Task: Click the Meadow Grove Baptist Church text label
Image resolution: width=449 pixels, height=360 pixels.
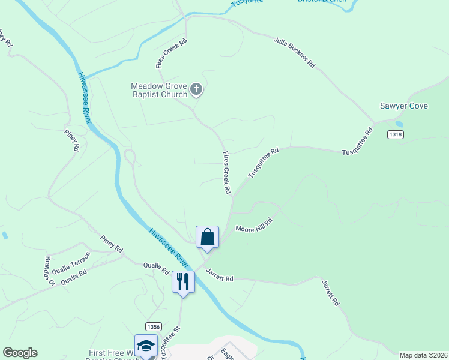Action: point(159,91)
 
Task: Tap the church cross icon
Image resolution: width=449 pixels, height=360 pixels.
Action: point(196,91)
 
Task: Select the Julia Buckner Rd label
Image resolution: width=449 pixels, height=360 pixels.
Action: point(294,52)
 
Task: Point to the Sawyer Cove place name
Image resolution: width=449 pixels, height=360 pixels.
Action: point(403,106)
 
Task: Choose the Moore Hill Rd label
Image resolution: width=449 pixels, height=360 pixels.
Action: point(254,225)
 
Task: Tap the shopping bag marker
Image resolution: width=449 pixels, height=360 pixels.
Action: point(207,236)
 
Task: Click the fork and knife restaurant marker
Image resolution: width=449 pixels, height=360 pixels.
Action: point(183,281)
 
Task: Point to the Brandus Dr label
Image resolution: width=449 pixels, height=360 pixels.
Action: point(49,271)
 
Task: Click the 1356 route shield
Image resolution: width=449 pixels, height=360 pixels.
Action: point(153,326)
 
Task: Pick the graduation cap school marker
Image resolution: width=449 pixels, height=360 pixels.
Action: point(146,346)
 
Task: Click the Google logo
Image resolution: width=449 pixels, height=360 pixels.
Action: point(20,353)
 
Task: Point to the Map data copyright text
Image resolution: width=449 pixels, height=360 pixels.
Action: point(423,355)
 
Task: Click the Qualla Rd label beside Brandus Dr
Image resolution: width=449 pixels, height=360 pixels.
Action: point(74,276)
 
